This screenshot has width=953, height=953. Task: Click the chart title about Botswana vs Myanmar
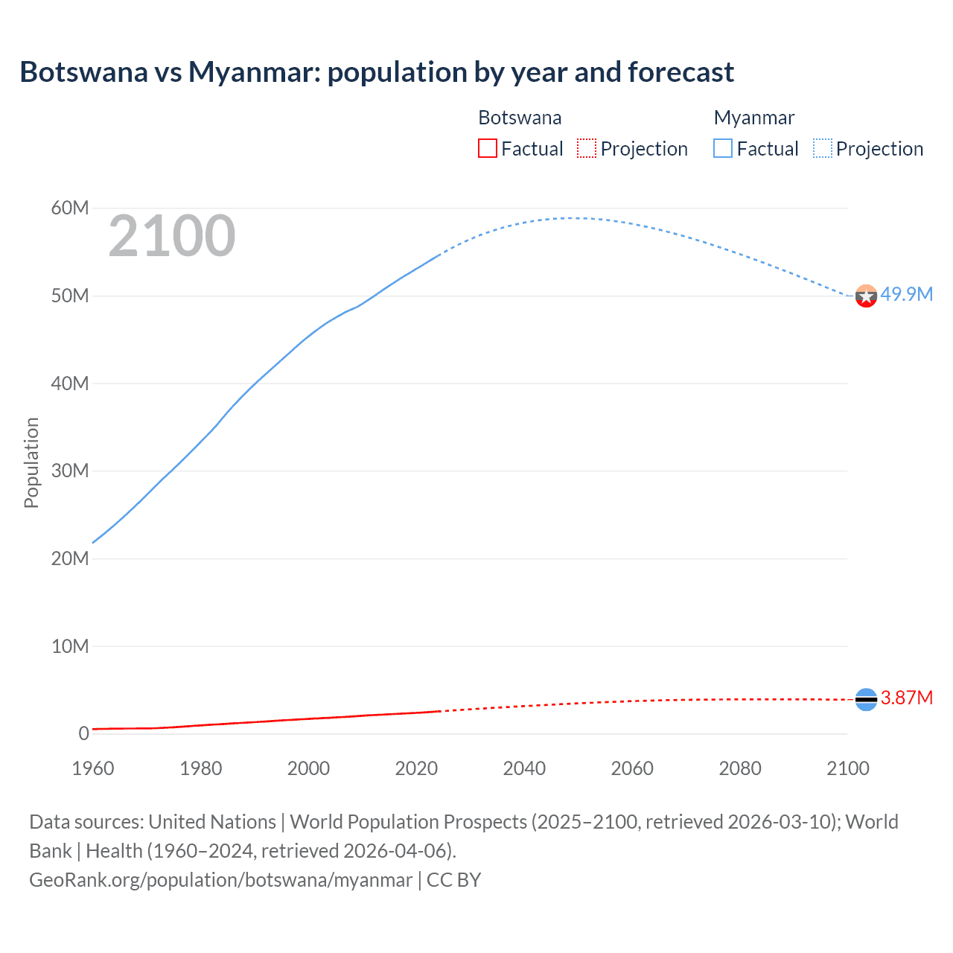click(377, 72)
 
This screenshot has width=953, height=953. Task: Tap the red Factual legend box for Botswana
click(487, 148)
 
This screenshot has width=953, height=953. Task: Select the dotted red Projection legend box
click(587, 148)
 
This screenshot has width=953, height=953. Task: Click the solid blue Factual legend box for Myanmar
click(723, 148)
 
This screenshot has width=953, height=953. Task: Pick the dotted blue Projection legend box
click(823, 148)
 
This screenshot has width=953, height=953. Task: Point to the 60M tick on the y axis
click(69, 208)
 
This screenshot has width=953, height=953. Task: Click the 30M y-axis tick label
click(69, 471)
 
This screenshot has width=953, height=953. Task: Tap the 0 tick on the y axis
click(83, 733)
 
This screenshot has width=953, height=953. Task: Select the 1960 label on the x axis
click(93, 768)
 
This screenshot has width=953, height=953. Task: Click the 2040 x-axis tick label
click(524, 768)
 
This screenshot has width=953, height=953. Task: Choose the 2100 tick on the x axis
click(847, 768)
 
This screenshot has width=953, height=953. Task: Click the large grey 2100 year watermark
click(172, 236)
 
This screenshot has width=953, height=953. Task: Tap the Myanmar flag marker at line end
click(866, 296)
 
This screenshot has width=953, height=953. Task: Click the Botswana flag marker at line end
click(866, 699)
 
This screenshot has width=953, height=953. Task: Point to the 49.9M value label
click(906, 294)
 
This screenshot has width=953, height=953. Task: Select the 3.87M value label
click(906, 698)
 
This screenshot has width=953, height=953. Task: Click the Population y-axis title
click(31, 462)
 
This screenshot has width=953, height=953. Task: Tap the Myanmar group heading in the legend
click(753, 118)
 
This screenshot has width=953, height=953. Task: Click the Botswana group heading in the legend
click(520, 118)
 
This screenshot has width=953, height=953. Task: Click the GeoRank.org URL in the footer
click(220, 880)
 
